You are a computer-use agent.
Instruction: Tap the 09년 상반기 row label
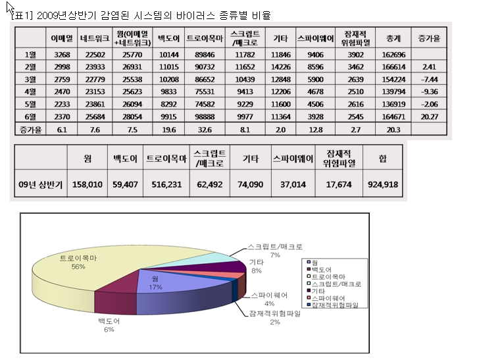tap(40, 185)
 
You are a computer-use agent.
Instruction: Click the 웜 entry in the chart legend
tap(319, 262)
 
